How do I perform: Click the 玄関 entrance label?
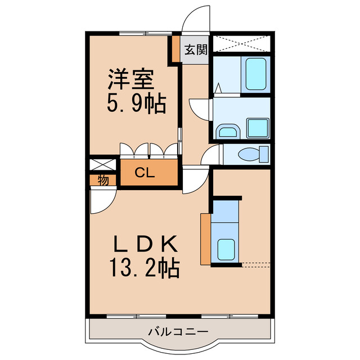click(195, 49)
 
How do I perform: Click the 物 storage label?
click(103, 180)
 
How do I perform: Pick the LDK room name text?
click(146, 244)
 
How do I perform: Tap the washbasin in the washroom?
click(228, 132)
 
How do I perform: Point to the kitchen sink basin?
click(226, 247)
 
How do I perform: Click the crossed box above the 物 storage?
click(103, 165)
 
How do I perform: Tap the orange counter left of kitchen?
click(205, 238)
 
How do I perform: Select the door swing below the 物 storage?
click(103, 200)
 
